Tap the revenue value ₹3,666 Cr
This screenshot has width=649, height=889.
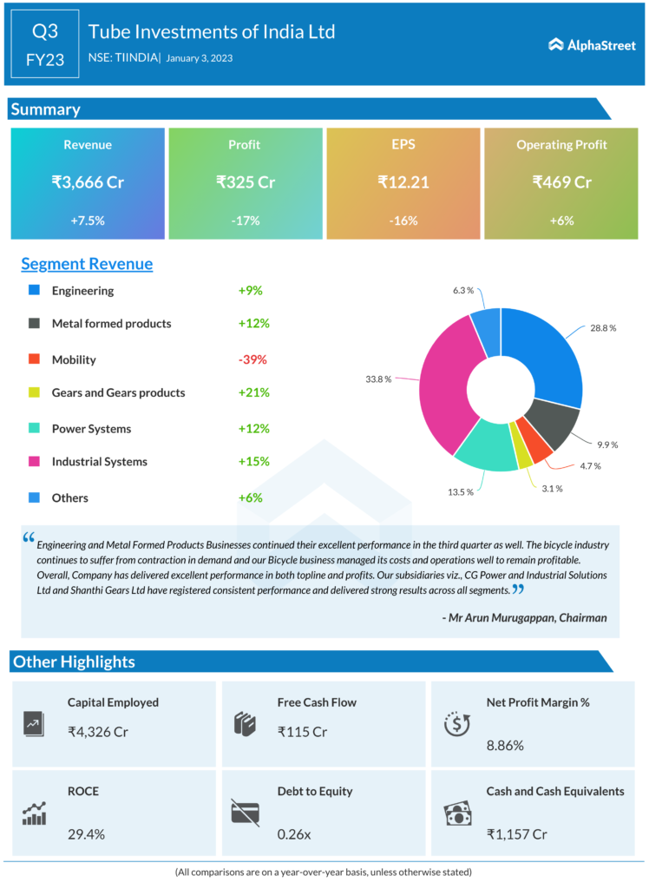coord(88,182)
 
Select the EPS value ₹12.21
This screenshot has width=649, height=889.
coord(403,182)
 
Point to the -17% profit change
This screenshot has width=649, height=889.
coord(246,221)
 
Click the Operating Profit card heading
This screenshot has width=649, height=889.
coord(561,145)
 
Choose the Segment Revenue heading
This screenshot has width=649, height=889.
coord(87,264)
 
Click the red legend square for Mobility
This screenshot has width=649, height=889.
coord(34,359)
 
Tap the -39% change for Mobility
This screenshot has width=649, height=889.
coord(252,359)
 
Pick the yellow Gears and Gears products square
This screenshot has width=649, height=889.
coord(34,392)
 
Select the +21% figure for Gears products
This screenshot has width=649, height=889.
coord(253,392)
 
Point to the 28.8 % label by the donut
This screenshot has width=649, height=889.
coord(603,328)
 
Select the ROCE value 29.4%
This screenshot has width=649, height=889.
coord(86,834)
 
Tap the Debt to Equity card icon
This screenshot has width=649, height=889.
coord(245,812)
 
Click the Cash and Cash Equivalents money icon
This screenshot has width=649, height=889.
coord(457,813)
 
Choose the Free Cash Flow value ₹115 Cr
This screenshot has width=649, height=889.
coord(302,732)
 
